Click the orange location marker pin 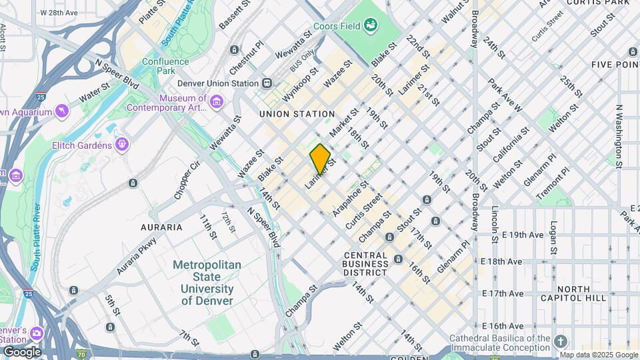tap(320, 159)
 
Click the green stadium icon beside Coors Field tap(371, 26)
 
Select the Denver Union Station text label tap(217, 83)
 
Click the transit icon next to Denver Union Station tap(267, 83)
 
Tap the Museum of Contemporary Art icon tap(216, 102)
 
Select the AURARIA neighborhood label tap(161, 227)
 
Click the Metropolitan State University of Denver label tap(207, 283)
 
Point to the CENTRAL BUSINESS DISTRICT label tap(366, 264)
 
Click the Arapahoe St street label tap(350, 196)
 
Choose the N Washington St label tap(619, 136)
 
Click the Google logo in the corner tap(22, 352)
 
